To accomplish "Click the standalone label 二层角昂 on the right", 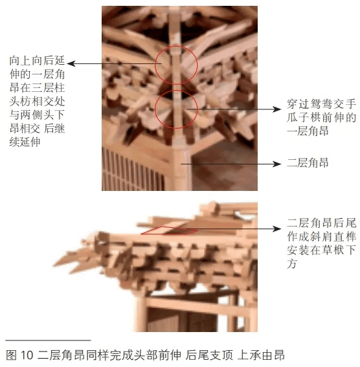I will point(308,164).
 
